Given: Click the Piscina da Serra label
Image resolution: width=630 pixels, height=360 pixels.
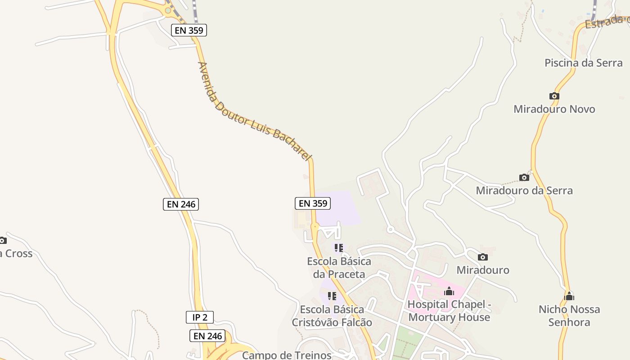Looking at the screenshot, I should click(x=583, y=63).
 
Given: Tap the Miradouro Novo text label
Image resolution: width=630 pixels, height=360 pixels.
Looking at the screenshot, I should click(x=554, y=109).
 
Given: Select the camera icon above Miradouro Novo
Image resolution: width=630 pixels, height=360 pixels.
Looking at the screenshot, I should click(x=554, y=96).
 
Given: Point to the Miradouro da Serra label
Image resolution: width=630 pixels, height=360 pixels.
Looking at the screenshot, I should click(x=524, y=190).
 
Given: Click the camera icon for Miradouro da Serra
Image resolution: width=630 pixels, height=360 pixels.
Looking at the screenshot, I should click(x=524, y=177).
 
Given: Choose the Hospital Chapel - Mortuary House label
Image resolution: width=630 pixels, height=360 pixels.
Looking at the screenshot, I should click(x=449, y=311).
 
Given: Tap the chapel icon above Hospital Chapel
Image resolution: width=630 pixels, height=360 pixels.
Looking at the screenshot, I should click(x=449, y=292).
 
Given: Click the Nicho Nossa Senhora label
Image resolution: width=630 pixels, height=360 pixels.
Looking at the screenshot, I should click(x=569, y=315).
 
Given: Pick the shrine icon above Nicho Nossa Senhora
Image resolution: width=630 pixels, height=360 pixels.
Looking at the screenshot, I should click(x=569, y=296).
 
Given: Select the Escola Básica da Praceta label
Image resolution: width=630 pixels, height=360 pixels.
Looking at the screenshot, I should click(x=339, y=268).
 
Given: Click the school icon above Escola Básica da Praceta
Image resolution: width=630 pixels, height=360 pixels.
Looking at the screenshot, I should click(x=339, y=247).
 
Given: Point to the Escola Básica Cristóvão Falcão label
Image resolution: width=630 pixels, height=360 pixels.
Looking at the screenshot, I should click(x=332, y=316).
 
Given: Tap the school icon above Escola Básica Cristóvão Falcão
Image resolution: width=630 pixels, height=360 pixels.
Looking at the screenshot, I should click(x=332, y=296).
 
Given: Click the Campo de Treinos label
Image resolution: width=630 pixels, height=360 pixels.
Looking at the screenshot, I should click(x=287, y=355).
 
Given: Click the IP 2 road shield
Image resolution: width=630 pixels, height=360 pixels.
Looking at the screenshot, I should click(x=200, y=317).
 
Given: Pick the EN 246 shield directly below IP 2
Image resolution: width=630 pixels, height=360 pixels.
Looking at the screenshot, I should click(x=207, y=336).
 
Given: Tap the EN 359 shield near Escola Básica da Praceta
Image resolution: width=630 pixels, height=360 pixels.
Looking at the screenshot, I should click(x=313, y=203).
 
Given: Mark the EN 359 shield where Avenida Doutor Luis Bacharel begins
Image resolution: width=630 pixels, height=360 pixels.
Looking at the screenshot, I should click(x=189, y=31).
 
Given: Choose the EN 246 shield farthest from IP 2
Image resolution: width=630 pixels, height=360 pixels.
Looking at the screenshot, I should click(x=180, y=204).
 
